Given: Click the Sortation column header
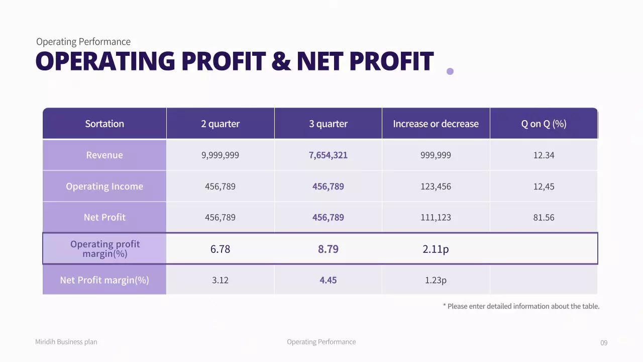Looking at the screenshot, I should click(104, 124).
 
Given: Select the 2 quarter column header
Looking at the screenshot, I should click(220, 124).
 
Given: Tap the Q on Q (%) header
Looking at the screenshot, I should click(544, 124).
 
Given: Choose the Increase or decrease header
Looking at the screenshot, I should click(436, 124).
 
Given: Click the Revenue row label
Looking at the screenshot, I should click(104, 155).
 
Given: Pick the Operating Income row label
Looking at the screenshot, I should click(104, 187).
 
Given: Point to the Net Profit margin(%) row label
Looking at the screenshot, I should click(104, 280).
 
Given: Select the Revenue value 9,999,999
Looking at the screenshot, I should click(220, 155).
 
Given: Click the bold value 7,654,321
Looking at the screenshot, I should click(328, 155).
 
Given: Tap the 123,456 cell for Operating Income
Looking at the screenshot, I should click(436, 187).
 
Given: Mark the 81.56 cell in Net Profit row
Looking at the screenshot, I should click(544, 218).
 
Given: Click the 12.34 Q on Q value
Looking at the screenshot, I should click(544, 155).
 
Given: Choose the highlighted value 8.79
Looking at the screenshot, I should click(328, 249).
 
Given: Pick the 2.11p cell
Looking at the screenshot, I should click(436, 249).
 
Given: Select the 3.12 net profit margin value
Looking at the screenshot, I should click(220, 280).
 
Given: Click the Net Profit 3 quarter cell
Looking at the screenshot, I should click(328, 218).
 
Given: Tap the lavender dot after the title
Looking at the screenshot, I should click(450, 71).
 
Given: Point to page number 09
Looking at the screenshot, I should click(604, 343).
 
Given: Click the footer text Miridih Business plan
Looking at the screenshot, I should click(66, 342).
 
